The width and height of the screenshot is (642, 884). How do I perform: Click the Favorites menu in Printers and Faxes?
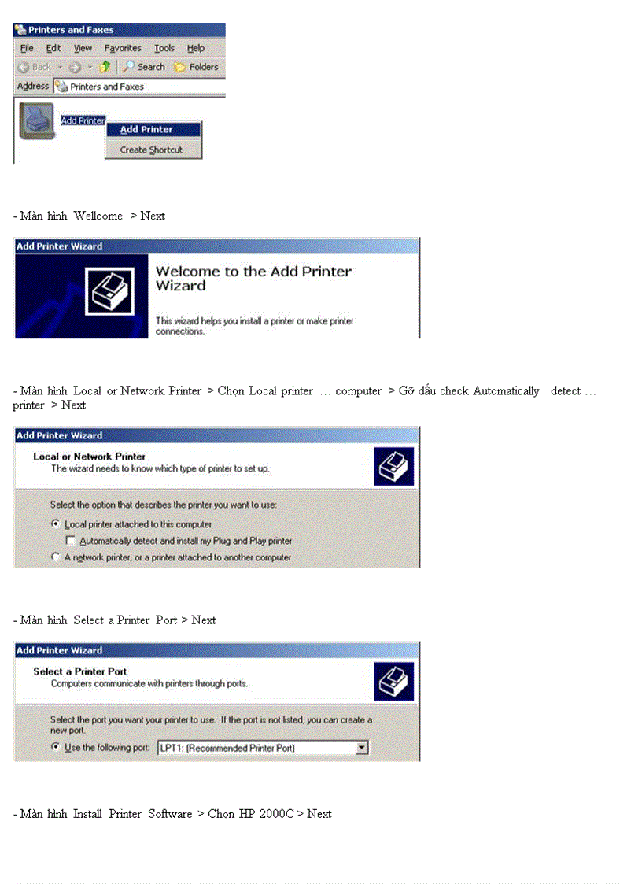[123, 48]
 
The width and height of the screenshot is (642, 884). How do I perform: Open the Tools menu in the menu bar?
[164, 48]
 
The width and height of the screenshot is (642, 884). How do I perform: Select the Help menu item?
[195, 48]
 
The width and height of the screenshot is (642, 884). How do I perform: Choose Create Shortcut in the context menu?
[151, 150]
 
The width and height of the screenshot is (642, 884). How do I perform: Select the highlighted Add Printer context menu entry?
[146, 130]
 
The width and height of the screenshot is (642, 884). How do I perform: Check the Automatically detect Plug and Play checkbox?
[71, 541]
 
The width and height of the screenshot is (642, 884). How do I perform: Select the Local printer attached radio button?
[56, 523]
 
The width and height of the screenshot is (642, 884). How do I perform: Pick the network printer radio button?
[56, 557]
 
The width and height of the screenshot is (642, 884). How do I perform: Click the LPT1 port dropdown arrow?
[361, 747]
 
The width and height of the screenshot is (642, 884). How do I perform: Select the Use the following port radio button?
[56, 747]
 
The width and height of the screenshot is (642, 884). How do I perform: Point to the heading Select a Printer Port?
[79, 671]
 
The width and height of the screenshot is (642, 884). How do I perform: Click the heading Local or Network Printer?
[89, 457]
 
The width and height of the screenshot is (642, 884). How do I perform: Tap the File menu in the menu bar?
[27, 48]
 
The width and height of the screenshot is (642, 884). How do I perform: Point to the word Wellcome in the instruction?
[98, 216]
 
